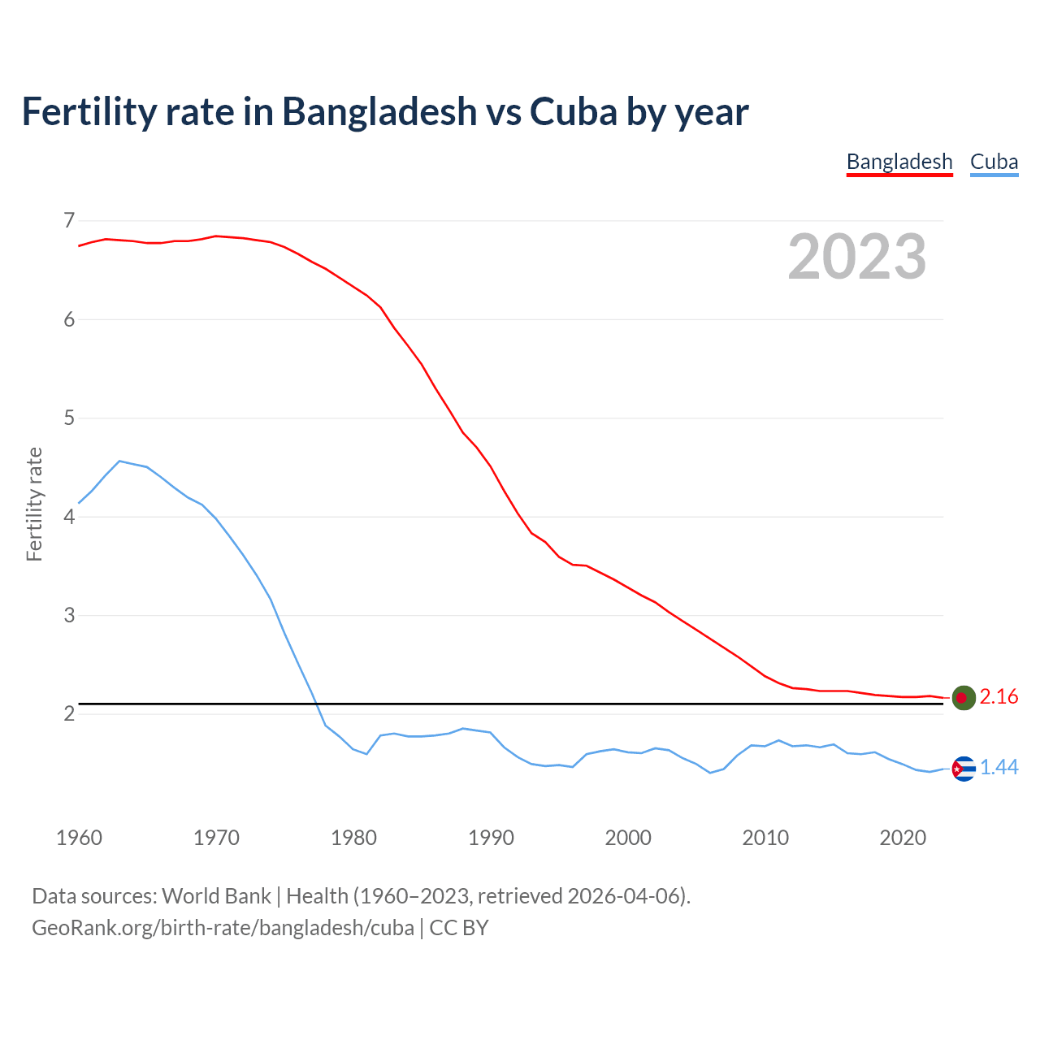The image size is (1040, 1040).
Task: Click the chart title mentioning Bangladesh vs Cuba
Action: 384,112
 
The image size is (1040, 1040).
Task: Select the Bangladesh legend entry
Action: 899,162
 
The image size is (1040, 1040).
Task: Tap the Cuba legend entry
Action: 994,162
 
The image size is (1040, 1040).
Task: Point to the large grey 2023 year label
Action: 856,257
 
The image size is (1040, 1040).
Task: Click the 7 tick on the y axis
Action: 69,220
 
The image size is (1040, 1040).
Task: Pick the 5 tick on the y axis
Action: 69,418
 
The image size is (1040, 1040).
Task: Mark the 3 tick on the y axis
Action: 69,615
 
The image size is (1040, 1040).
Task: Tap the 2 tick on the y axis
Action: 69,713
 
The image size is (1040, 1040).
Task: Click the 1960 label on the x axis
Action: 79,838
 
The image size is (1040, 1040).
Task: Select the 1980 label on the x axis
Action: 353,838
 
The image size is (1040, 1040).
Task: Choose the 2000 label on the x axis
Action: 628,838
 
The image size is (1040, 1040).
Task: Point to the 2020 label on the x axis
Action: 903,838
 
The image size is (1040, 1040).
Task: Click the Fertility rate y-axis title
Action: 34,504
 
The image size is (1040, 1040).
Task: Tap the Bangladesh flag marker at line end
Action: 963,697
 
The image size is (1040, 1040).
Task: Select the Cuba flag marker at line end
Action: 963,768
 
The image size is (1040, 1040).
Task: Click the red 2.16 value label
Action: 999,697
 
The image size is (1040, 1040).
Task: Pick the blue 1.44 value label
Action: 999,768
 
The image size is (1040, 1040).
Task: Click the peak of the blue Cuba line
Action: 119,461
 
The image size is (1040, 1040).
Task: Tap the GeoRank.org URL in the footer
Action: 223,928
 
